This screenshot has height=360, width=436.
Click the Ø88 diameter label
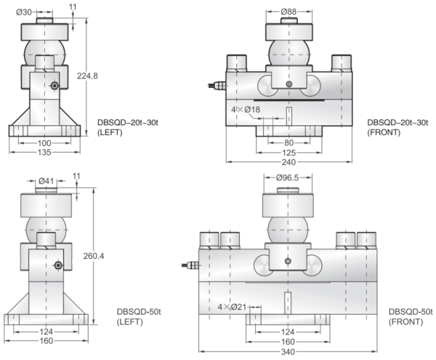click(x=290, y=11)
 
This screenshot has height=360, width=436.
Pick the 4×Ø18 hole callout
click(x=248, y=111)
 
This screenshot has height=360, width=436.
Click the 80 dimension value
click(x=288, y=143)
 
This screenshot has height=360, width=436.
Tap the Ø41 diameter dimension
click(x=46, y=181)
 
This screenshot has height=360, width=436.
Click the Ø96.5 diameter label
click(x=289, y=177)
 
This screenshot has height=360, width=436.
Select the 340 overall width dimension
click(x=288, y=352)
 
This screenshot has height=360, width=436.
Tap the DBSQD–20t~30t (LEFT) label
click(x=127, y=127)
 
